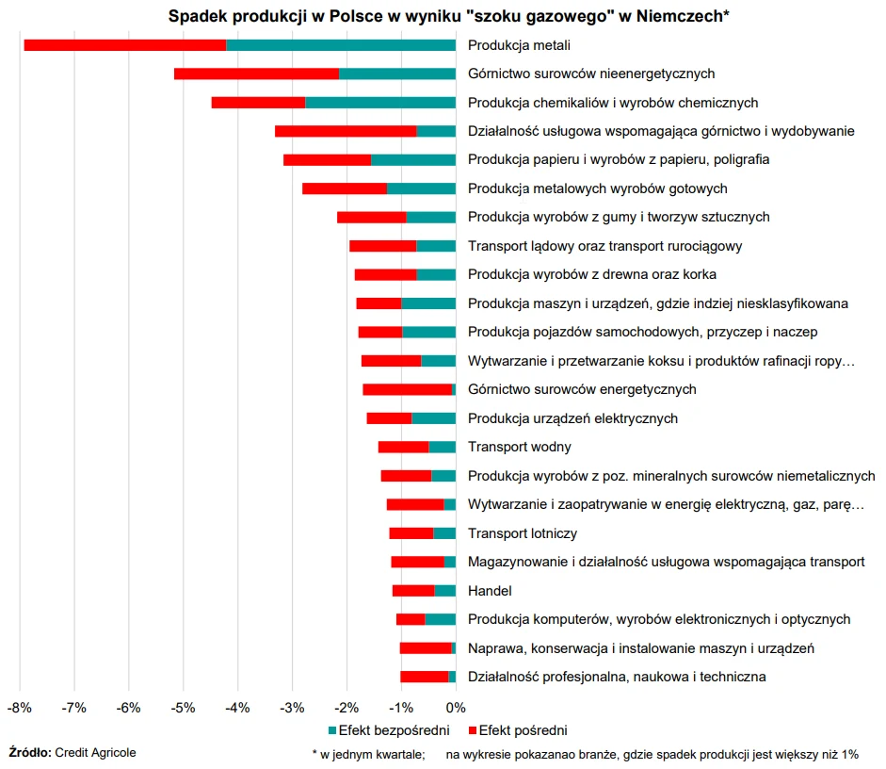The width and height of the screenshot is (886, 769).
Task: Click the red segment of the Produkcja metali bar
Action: [x=124, y=44]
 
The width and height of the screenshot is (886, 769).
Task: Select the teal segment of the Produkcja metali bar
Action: [x=341, y=44]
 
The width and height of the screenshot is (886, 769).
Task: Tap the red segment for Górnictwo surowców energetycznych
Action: [x=407, y=389]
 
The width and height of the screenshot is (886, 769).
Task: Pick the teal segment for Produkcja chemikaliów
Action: [x=380, y=102]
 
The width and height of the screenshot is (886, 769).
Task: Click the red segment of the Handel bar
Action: [x=413, y=590]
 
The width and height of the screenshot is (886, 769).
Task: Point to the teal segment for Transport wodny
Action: [x=442, y=447]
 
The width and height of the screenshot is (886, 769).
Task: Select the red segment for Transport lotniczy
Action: [x=411, y=532]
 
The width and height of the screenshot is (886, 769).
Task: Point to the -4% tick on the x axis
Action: [x=237, y=707]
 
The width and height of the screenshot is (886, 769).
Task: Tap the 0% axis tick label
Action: [x=456, y=707]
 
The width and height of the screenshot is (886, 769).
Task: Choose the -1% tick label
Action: [x=401, y=707]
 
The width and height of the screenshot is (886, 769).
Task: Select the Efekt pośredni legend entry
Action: [x=523, y=730]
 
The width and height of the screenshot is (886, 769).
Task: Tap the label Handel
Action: [x=490, y=591]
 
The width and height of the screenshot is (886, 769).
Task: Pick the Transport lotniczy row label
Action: [x=522, y=533]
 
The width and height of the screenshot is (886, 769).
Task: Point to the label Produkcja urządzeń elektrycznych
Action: [x=572, y=418]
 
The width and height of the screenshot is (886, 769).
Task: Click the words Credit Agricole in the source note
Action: [x=95, y=752]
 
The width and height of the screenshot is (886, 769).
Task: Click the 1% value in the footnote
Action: [x=847, y=754]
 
